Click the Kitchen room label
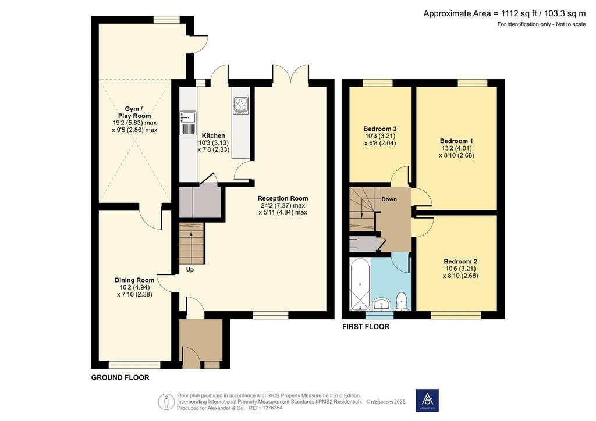pos(213,135)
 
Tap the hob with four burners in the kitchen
pos(240,105)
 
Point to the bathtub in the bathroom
pos(360,284)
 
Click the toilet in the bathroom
pos(402,301)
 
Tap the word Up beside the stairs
pos(190,270)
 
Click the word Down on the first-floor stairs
pos(389,199)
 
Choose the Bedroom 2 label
pos(460,261)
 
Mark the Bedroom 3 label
pos(380,129)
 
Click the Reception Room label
pos(283,198)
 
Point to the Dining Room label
pos(134,280)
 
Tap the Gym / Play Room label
pos(134,112)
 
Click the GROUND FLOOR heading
pos(120,377)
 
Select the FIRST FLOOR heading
pos(366,326)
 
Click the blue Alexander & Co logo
pos(427,401)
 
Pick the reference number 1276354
pos(271,408)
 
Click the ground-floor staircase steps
pos(191,243)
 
